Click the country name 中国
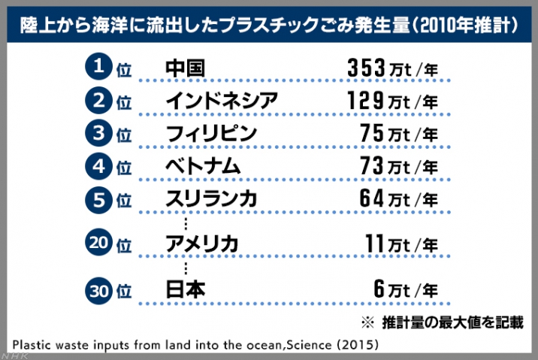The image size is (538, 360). [x=185, y=68]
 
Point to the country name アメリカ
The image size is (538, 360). [x=202, y=244]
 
